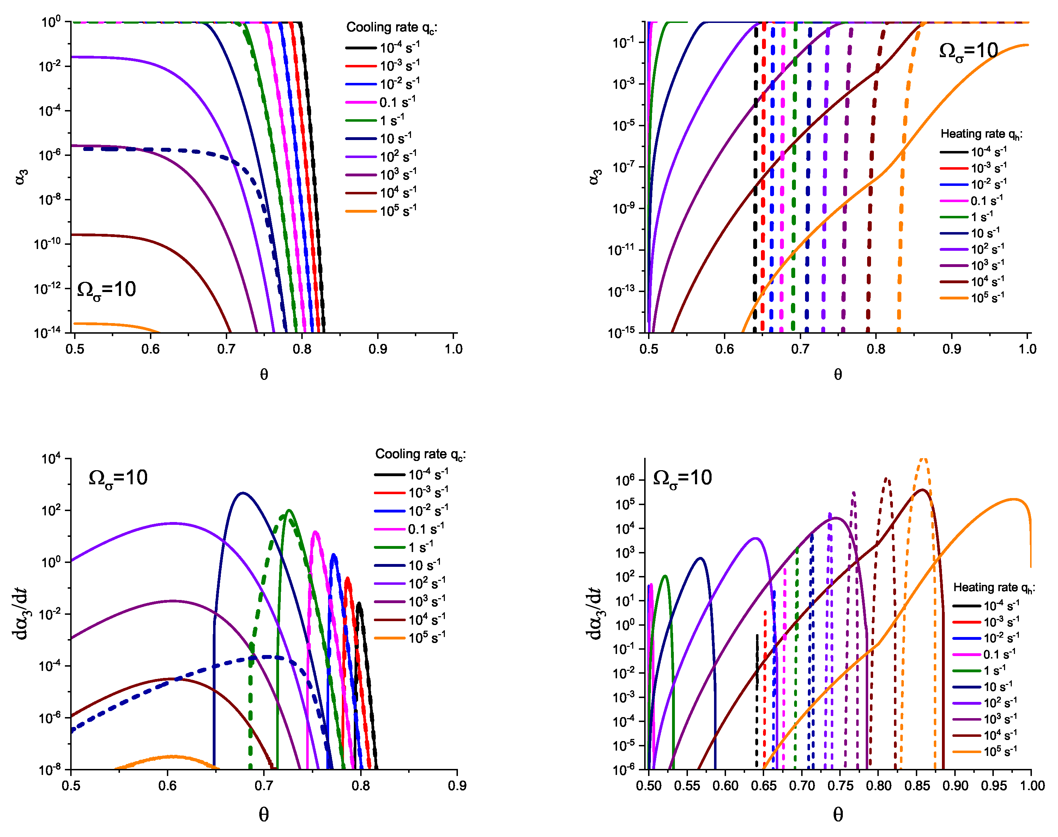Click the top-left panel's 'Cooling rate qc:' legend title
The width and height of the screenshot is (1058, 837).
click(x=391, y=28)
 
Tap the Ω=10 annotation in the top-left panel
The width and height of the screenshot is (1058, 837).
click(x=106, y=290)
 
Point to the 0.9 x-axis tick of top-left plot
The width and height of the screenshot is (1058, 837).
click(x=377, y=349)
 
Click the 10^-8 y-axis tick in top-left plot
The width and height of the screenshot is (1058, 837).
click(x=50, y=199)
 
